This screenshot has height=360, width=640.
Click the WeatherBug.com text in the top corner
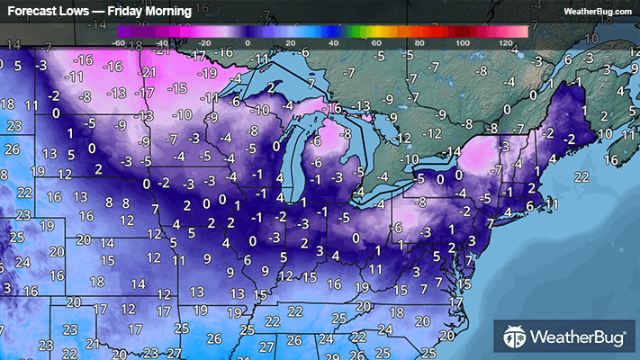(x=598, y=11)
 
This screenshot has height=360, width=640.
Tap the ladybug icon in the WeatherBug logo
(x=514, y=337)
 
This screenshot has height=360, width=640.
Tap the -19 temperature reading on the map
(x=208, y=74)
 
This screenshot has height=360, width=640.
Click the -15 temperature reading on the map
(x=176, y=88)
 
